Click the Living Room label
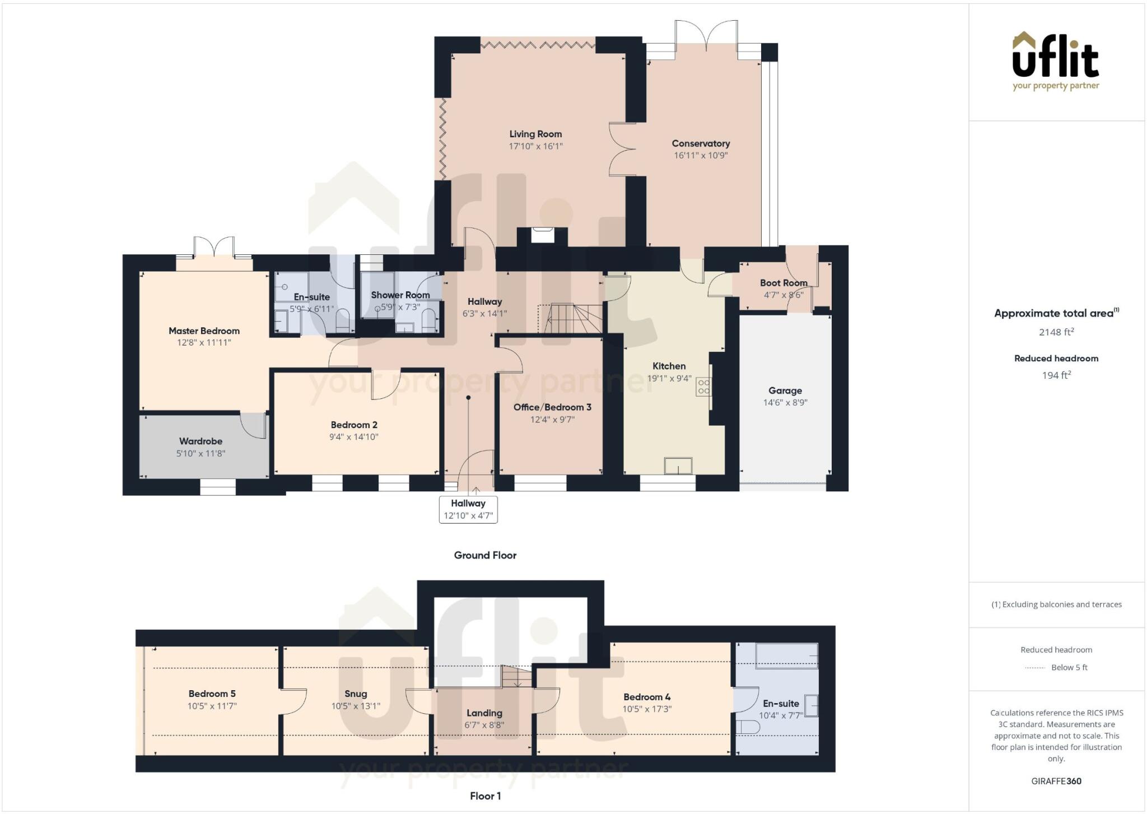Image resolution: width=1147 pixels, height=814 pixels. pos(535,134)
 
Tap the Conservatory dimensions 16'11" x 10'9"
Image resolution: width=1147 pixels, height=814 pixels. pos(701,156)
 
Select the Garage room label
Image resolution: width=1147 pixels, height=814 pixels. pos(785,390)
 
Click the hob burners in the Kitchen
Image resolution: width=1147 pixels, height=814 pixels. pos(704,387)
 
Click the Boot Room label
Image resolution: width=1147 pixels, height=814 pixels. pos(784,283)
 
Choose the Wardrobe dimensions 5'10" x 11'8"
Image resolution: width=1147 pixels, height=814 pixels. pos(201,454)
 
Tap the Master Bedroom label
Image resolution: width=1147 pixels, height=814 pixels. pos(204,331)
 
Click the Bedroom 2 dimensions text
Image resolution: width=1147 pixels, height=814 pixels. pos(354,437)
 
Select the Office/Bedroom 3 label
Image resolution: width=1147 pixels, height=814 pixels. pos(552,407)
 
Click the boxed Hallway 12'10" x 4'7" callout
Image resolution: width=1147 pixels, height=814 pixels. pos(468,509)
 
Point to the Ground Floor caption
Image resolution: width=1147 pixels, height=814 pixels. pos(485,555)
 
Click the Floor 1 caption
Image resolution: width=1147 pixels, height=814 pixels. pos(486,796)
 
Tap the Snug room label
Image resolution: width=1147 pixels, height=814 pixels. pos(356,694)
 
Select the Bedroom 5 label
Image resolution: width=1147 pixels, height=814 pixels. pos(212,694)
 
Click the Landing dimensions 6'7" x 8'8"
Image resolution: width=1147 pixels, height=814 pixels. pos(484,725)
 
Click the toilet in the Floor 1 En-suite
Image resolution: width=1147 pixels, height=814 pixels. pos(747,727)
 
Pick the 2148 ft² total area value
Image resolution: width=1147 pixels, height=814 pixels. pos(1056,332)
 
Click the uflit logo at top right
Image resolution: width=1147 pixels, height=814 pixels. pos(1056,61)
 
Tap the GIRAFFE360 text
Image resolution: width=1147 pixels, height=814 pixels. pos(1056,781)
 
